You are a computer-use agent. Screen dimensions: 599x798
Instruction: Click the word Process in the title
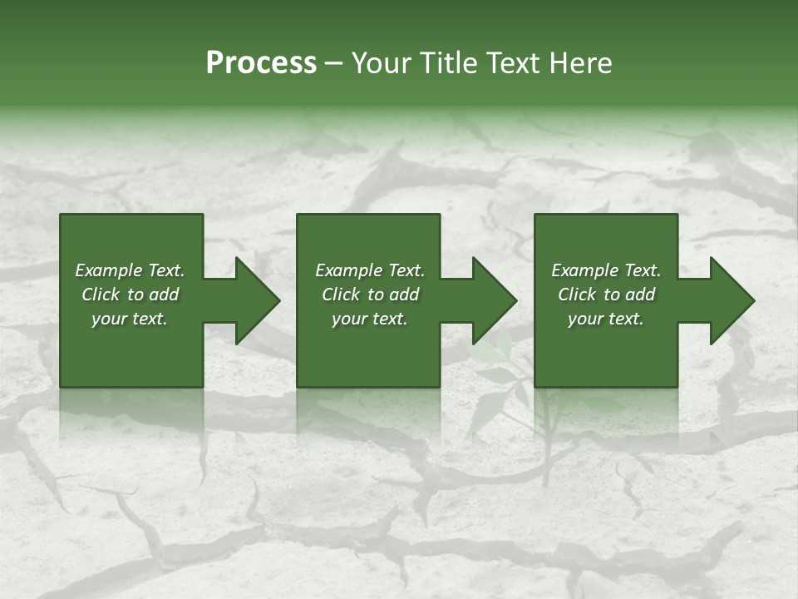coord(261,63)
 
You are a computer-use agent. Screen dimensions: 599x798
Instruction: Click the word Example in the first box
coord(109,270)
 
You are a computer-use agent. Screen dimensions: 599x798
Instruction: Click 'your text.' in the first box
coord(130,319)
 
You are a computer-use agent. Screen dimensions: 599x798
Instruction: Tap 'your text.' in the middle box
coord(370,319)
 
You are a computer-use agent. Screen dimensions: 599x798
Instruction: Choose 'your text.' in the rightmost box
coord(606,319)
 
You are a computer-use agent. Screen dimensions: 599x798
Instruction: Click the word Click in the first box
coord(101,295)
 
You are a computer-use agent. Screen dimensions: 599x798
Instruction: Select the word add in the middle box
coord(404,295)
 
